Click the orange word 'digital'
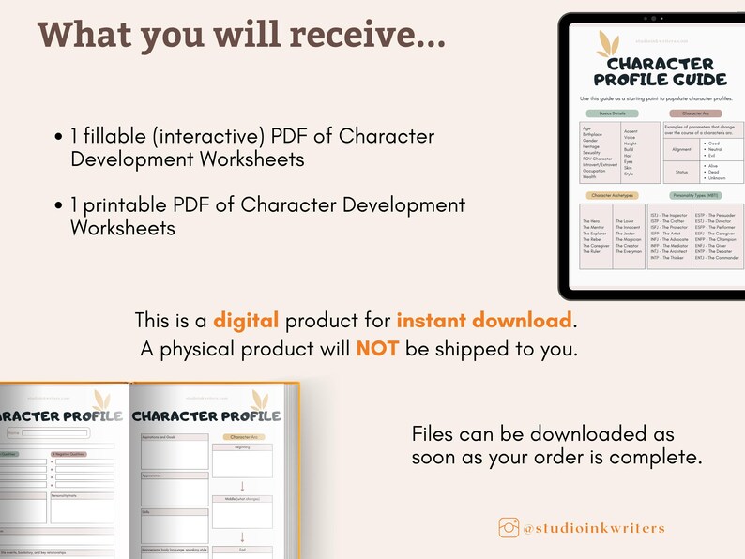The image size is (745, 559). (246, 321)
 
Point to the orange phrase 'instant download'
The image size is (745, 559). (483, 321)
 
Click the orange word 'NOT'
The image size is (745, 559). (378, 349)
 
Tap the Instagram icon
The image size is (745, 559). (509, 527)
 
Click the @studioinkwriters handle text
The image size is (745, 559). (593, 528)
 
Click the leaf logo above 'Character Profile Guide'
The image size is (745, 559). (609, 42)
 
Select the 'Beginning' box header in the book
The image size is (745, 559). (241, 448)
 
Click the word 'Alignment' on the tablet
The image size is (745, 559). (681, 149)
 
